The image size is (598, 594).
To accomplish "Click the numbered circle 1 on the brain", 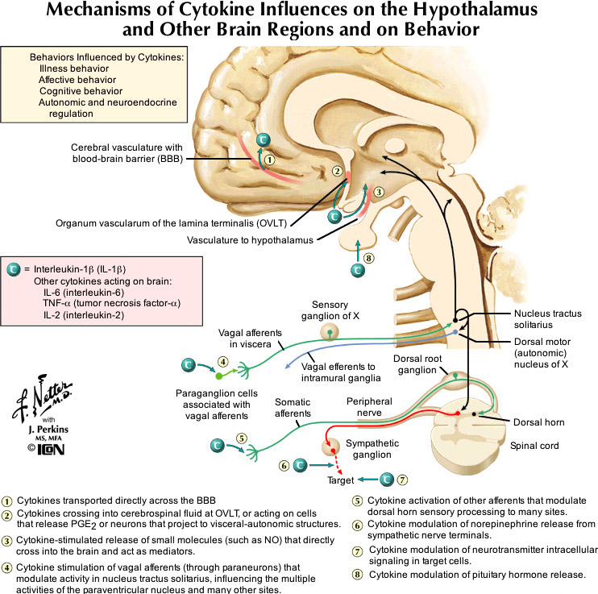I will click(272, 160).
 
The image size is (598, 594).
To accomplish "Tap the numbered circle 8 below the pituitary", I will click(369, 259).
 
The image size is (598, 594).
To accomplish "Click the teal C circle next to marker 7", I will click(387, 479).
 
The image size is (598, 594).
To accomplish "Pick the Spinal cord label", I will click(534, 445).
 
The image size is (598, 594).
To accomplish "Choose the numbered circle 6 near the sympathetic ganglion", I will click(284, 465).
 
